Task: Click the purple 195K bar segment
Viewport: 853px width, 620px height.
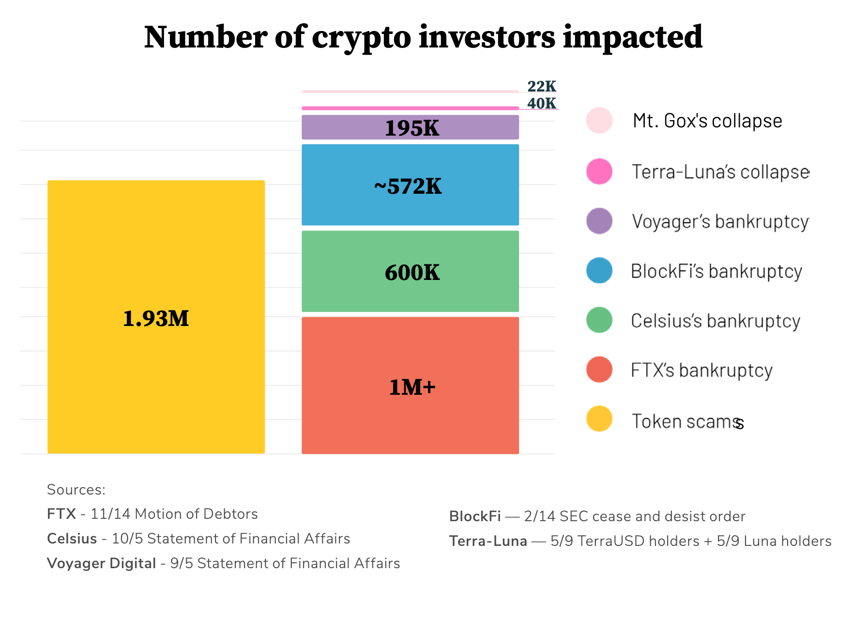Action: pos(410,127)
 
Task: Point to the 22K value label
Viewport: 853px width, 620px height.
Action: pos(541,87)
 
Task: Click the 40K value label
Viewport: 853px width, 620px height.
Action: pos(541,103)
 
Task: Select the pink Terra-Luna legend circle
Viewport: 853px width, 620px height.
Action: pos(599,171)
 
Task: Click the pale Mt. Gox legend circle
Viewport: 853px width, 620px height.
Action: pos(599,120)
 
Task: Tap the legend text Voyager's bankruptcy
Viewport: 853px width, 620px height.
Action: pos(720,221)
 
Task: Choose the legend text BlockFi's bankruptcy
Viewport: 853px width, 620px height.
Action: pos(716,271)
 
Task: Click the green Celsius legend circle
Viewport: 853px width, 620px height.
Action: pos(599,320)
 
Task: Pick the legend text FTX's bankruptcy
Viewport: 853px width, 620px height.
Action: pos(701,370)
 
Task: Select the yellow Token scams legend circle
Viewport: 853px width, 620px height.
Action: pos(599,419)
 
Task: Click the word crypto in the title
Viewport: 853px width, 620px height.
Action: pos(361,38)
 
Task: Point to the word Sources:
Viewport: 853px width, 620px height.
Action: pos(76,490)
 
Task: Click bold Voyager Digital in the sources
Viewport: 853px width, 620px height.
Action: pos(101,563)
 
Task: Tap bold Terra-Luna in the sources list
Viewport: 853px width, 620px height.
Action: pos(487,541)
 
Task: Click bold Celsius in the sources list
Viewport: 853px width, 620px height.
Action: pos(72,539)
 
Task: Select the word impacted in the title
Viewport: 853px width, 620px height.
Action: pos(632,38)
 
